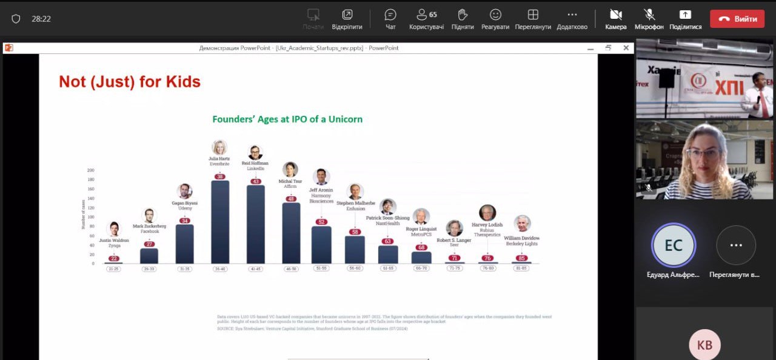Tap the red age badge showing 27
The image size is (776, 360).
(x=149, y=244)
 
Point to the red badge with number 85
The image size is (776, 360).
(x=521, y=258)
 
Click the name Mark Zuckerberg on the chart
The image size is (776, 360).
(x=149, y=226)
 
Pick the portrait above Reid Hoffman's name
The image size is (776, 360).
(x=255, y=153)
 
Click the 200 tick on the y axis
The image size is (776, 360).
(x=91, y=170)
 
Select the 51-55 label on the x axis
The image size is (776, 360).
(x=321, y=268)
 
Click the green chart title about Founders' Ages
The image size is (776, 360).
(x=287, y=119)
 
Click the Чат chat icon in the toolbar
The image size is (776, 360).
(x=390, y=15)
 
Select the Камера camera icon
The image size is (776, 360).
(x=615, y=15)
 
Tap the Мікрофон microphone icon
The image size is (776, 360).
(x=649, y=15)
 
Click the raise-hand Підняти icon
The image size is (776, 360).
(x=463, y=15)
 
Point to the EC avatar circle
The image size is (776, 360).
(x=674, y=245)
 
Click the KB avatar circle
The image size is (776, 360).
(x=704, y=344)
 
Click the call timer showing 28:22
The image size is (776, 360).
(x=41, y=19)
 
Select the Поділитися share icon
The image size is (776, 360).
(x=685, y=15)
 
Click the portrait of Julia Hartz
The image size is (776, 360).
(x=219, y=148)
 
